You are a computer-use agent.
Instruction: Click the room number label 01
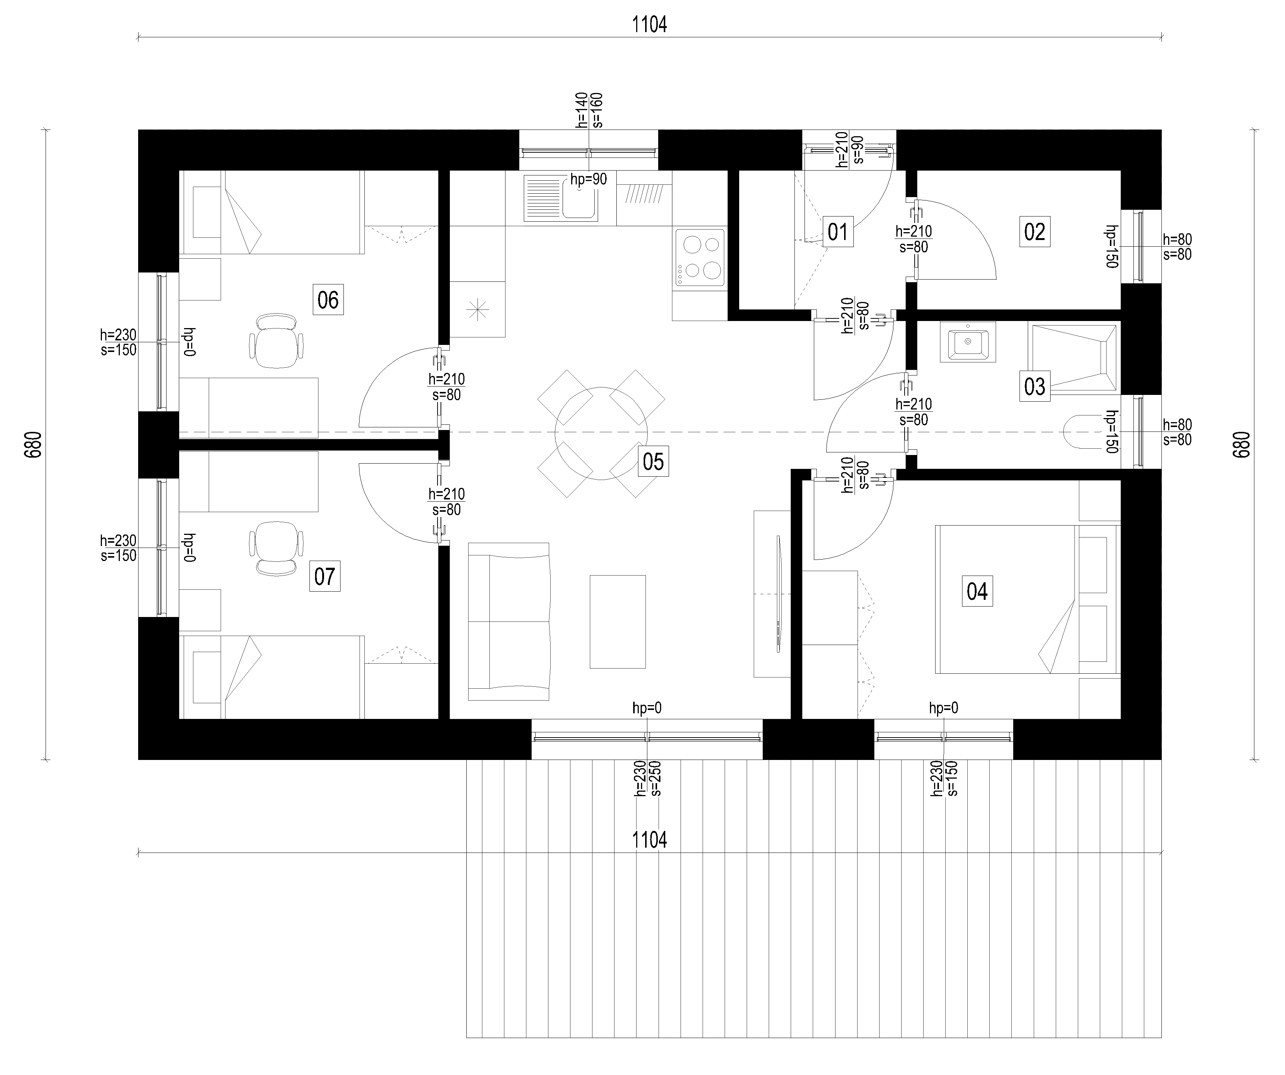[838, 231]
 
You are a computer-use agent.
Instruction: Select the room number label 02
[1035, 231]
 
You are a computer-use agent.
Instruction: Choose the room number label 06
[328, 299]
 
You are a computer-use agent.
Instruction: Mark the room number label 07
[324, 576]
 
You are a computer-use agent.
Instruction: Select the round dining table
[601, 433]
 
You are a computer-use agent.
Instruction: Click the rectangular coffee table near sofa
[617, 621]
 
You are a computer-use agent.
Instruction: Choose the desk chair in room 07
[277, 548]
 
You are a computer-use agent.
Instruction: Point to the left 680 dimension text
[34, 445]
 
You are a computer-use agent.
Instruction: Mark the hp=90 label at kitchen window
[589, 179]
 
